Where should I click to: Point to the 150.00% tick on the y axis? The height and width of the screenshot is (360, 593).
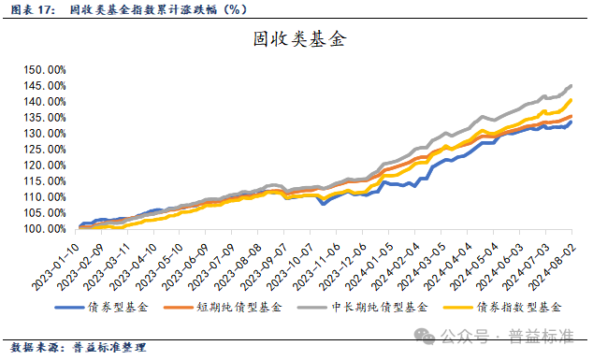44,70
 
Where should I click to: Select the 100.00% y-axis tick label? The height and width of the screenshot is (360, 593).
44,229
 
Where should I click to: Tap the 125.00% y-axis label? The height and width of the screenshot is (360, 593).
44,150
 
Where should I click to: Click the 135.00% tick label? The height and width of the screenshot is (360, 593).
44,118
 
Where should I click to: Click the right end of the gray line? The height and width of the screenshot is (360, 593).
571,86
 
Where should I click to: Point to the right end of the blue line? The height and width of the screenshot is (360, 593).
571,122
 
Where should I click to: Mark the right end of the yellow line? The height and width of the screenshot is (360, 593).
571,100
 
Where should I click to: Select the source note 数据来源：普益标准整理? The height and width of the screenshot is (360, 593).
75,348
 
